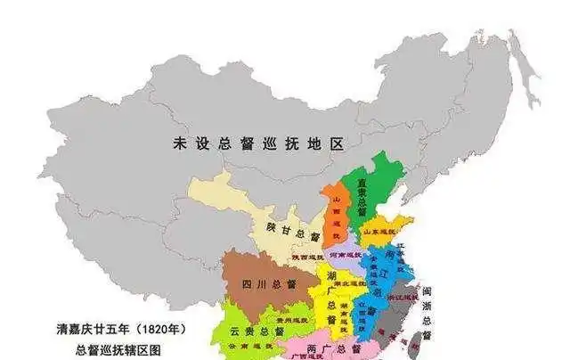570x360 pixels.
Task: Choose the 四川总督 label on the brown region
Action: (x=266, y=285)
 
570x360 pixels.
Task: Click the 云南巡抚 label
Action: (x=233, y=345)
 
